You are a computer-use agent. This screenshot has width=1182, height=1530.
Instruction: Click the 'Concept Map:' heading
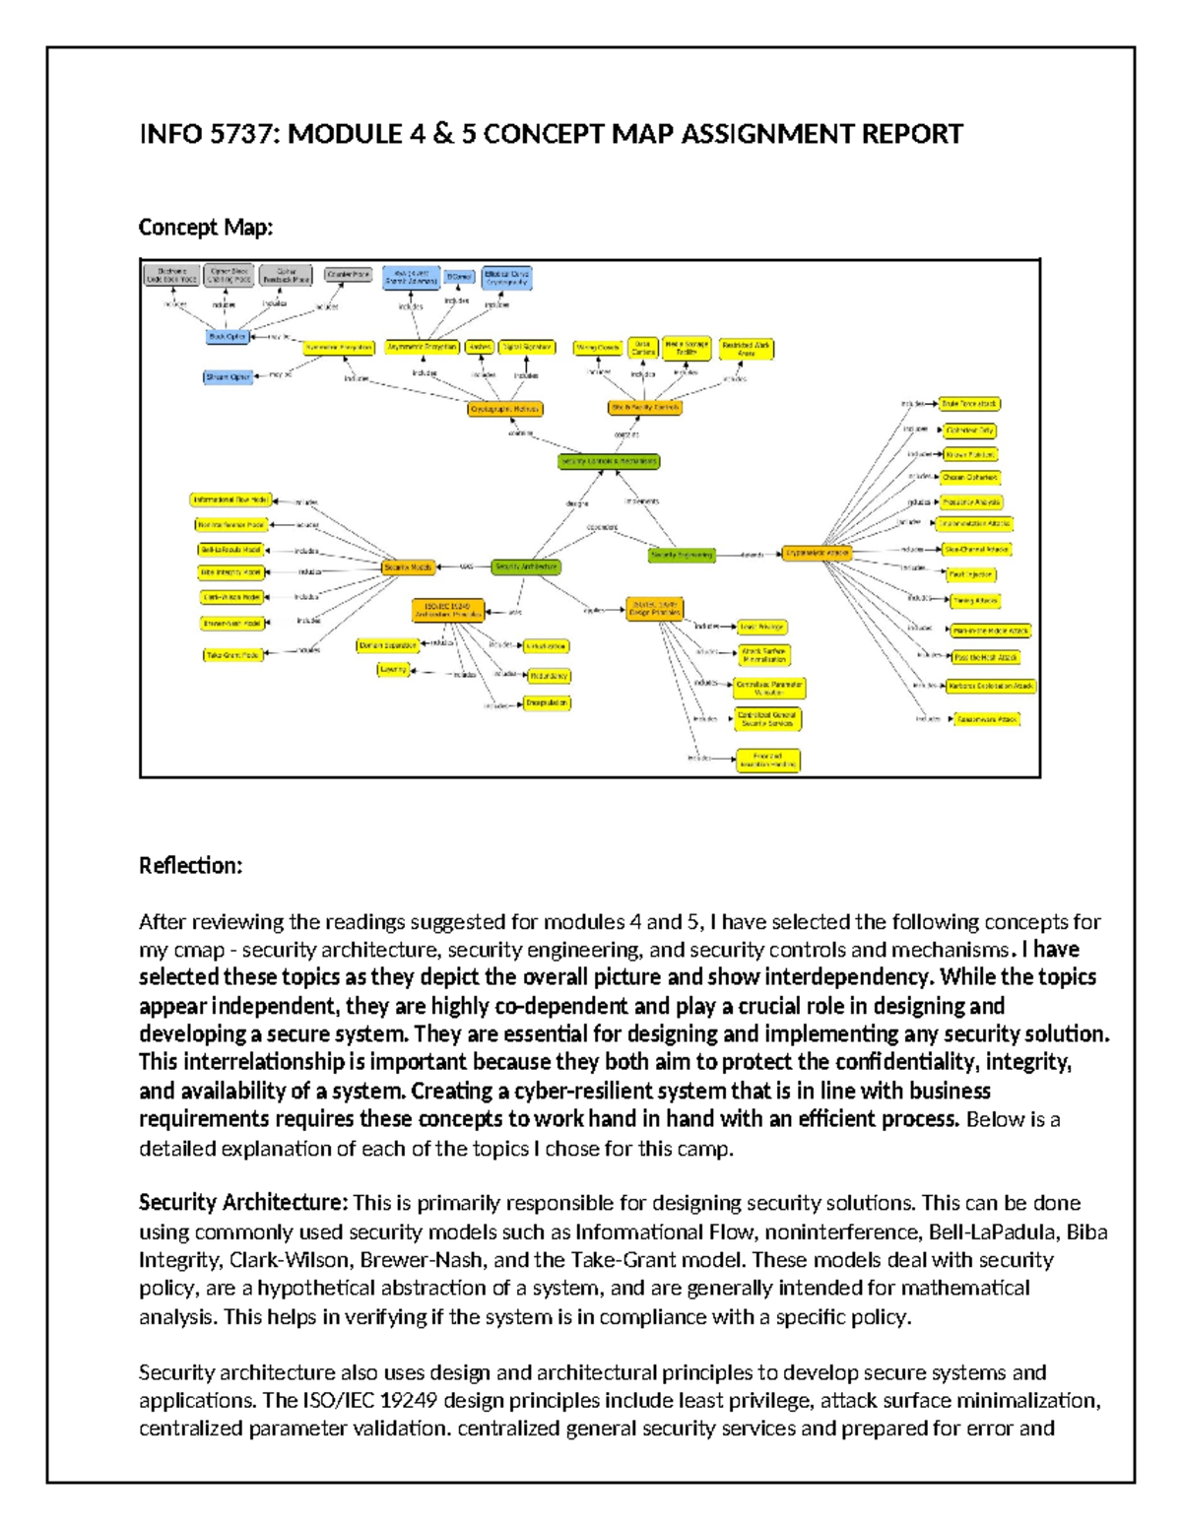point(205,228)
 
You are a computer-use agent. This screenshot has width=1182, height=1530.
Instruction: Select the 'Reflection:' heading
point(190,866)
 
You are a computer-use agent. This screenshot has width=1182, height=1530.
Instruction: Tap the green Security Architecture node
point(526,567)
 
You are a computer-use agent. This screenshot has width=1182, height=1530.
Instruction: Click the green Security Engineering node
point(682,556)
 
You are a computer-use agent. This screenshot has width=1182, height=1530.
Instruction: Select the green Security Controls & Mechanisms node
point(609,461)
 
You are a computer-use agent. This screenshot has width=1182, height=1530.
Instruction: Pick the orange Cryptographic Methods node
point(505,409)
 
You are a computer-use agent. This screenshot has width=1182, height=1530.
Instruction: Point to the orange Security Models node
point(409,567)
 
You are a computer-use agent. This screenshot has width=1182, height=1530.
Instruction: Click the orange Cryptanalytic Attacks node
point(817,554)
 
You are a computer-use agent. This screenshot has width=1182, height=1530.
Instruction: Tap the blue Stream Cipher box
point(228,376)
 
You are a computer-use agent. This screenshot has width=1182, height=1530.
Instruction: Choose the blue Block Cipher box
point(228,337)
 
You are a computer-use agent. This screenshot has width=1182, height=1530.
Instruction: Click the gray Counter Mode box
point(348,275)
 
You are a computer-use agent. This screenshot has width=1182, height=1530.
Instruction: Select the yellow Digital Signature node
point(527,347)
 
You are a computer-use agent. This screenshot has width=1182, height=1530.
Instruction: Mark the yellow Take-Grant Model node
point(232,655)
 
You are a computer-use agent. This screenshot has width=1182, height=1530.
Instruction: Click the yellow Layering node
point(393,670)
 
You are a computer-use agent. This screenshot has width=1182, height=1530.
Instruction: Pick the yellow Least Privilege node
point(762,627)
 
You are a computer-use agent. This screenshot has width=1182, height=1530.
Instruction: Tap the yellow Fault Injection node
point(971,574)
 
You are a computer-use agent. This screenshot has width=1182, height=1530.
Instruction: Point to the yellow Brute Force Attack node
point(970,404)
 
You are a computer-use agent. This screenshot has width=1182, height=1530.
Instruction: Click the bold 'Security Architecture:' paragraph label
point(242,1203)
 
